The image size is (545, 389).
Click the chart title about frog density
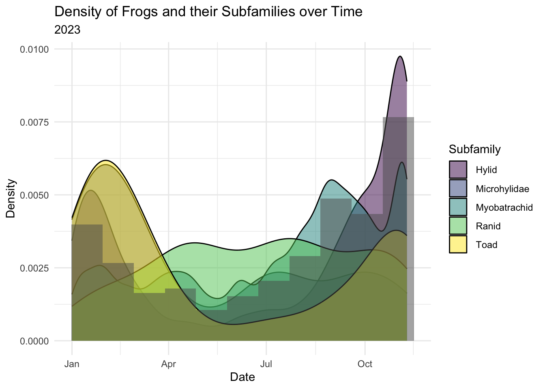point(208,12)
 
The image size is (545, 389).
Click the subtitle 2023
point(67,30)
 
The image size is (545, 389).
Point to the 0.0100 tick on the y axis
point(34,49)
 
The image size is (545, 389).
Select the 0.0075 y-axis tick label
point(34,122)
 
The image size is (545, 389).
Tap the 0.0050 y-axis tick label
point(34,195)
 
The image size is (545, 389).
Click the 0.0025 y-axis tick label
point(34,268)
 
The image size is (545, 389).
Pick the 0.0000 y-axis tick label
point(34,341)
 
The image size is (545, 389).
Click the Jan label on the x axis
point(72,364)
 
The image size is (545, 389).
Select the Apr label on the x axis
point(168,364)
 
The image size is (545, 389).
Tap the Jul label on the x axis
point(266,364)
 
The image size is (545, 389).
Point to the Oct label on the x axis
point(365,364)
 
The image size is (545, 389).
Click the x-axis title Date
point(242,377)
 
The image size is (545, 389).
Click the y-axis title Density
point(11,199)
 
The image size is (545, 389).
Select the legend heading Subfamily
point(475,150)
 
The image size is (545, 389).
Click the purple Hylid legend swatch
point(458,169)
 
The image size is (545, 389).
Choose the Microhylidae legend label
point(502,189)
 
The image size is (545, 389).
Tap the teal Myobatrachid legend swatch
point(458,207)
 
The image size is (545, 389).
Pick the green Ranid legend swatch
point(458,226)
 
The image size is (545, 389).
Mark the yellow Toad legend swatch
point(458,244)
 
